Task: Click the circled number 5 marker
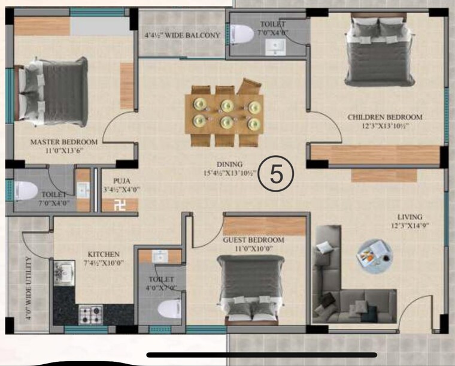pyautogui.click(x=276, y=174)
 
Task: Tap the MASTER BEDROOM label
pyautogui.click(x=64, y=142)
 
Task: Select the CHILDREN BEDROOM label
pyautogui.click(x=385, y=117)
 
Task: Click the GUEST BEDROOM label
pyautogui.click(x=253, y=240)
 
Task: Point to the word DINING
pyautogui.click(x=230, y=164)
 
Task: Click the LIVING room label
pyautogui.click(x=409, y=217)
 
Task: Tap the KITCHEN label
pyautogui.click(x=104, y=254)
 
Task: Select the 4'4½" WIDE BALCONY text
pyautogui.click(x=183, y=35)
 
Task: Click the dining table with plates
pyautogui.click(x=226, y=114)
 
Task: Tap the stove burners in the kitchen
pyautogui.click(x=90, y=313)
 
